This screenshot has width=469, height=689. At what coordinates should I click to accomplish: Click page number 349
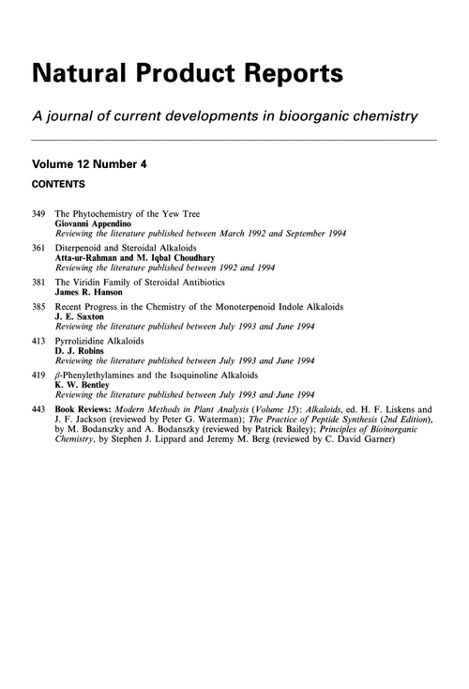[38, 216]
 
